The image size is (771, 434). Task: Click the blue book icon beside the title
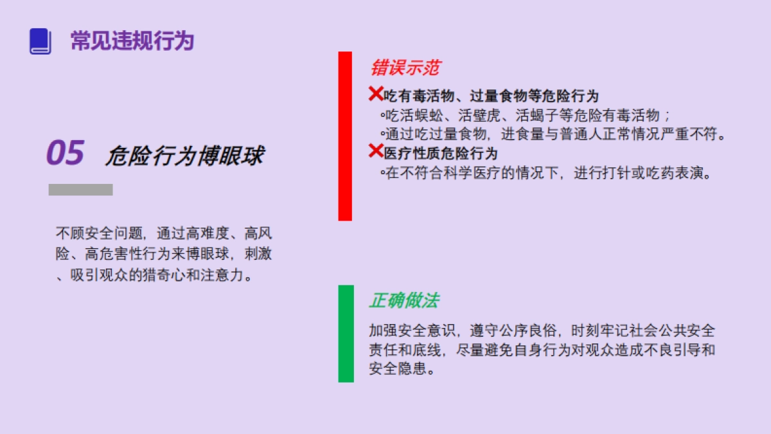coord(40,41)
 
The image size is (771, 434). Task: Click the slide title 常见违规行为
coord(132,41)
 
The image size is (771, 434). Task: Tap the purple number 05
coord(66,153)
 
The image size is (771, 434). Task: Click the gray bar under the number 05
coord(80,190)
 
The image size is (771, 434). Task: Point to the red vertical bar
coord(345,136)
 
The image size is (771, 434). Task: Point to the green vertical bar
coord(346,333)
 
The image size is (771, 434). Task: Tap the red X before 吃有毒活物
coord(376,94)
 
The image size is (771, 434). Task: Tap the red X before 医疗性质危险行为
coord(376,151)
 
